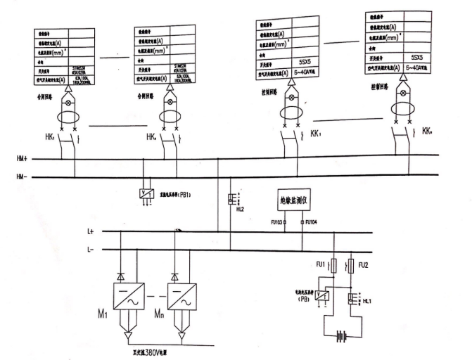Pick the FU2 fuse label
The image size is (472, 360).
coord(364,266)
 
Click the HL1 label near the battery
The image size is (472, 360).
coord(366,301)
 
